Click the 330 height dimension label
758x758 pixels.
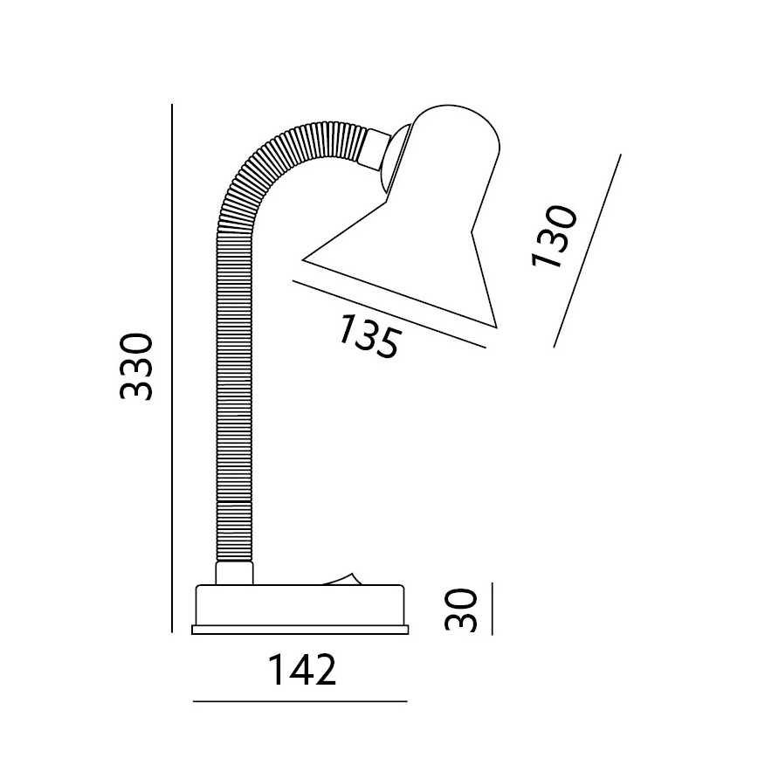pyautogui.click(x=136, y=366)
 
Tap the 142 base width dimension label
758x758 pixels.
pyautogui.click(x=302, y=670)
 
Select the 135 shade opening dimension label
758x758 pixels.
pyautogui.click(x=369, y=336)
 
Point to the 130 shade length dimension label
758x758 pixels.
pyautogui.click(x=555, y=237)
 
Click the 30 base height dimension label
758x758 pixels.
pyautogui.click(x=461, y=610)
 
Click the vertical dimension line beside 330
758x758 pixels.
pyautogui.click(x=172, y=368)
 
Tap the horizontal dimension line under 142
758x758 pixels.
pyautogui.click(x=300, y=701)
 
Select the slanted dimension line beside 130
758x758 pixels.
pyautogui.click(x=588, y=251)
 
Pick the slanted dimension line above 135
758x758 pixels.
pyautogui.click(x=389, y=314)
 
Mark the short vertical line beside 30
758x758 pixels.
pyautogui.click(x=493, y=609)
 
